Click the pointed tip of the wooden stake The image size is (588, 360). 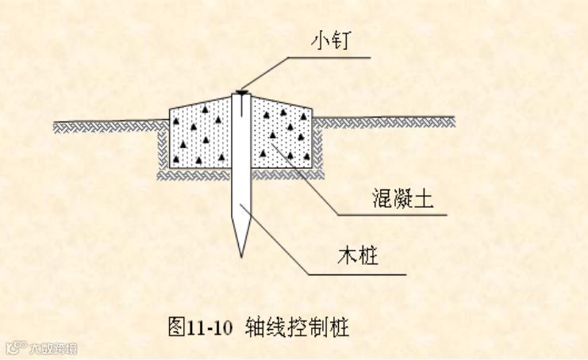click(240, 255)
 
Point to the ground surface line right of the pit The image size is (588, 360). click(388, 120)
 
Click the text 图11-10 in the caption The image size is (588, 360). click(201, 326)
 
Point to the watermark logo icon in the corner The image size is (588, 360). click(15, 347)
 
